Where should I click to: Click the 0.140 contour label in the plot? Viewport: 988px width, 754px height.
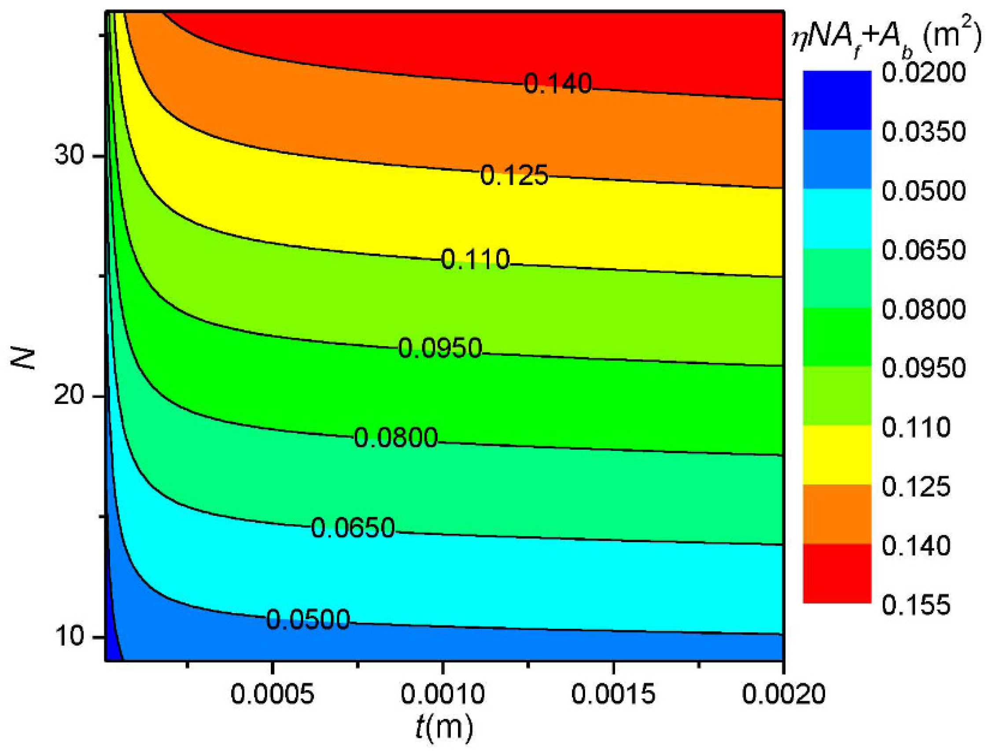point(558,84)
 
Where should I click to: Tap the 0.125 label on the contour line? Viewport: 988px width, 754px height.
point(514,175)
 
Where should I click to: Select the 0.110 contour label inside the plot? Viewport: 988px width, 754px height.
point(475,260)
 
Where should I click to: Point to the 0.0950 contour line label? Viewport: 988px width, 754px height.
point(440,348)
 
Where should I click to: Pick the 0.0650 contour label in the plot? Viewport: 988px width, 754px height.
point(353,528)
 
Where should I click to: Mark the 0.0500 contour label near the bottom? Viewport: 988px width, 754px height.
point(308,620)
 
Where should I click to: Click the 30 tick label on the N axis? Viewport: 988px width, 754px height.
point(70,157)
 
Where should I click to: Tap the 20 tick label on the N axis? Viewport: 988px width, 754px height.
point(70,397)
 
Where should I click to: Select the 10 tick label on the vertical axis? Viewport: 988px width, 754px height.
point(70,637)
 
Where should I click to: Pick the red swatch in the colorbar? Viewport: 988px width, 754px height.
point(837,573)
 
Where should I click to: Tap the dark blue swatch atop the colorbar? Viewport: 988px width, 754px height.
point(837,100)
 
